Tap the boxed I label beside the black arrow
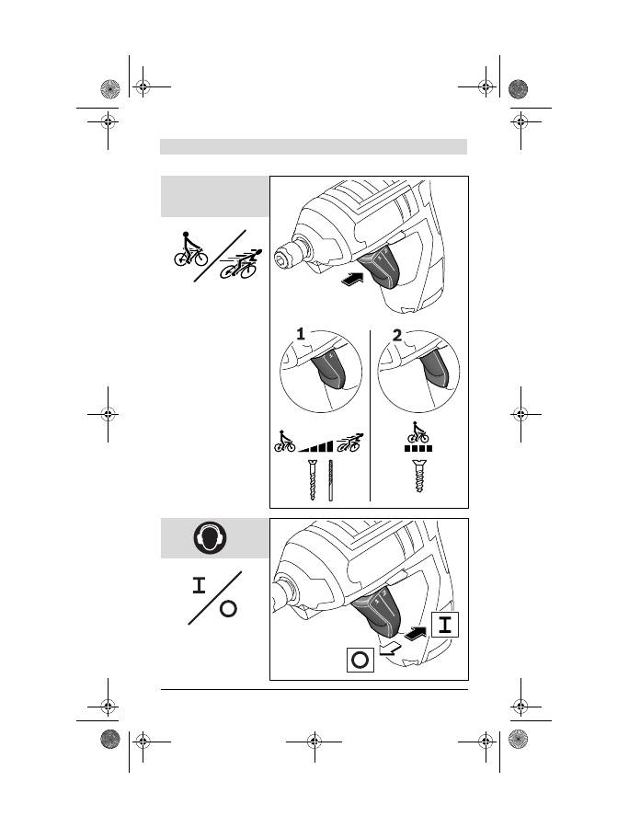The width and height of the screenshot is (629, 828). tap(445, 625)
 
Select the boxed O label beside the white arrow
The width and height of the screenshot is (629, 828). tap(360, 660)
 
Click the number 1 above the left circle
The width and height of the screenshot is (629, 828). tap(301, 334)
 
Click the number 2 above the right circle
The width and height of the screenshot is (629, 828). tap(397, 335)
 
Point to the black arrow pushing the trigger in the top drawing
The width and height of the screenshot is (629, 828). tap(353, 280)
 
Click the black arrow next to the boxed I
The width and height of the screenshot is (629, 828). tap(417, 631)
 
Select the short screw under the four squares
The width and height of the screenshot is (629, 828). tap(419, 476)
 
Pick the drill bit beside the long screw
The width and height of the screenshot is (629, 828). tap(331, 480)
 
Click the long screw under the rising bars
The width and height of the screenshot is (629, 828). tap(313, 480)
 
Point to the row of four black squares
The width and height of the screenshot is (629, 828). tap(418, 448)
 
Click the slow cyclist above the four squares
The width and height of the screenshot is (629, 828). tap(417, 432)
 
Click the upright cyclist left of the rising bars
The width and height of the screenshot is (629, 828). tap(284, 442)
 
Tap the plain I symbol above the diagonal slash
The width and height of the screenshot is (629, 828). tap(199, 586)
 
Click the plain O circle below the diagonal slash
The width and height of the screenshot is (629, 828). tap(228, 609)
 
